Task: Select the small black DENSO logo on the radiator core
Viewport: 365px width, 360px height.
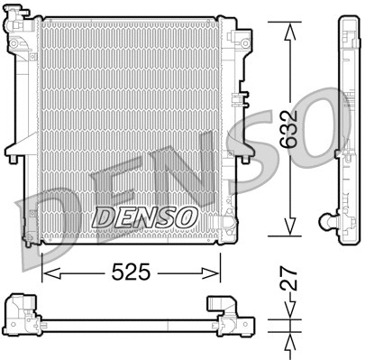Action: pos(145,217)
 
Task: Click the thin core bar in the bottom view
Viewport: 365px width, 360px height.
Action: pos(126,321)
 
